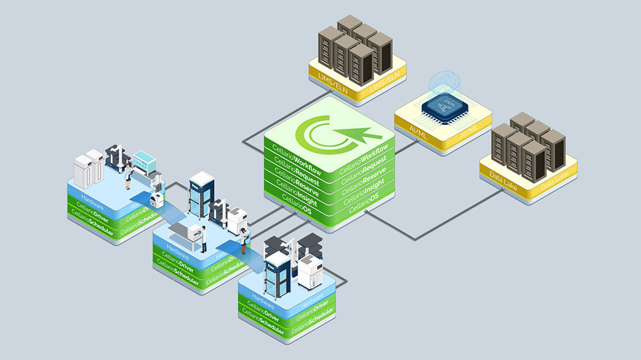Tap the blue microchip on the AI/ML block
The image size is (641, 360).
[443, 106]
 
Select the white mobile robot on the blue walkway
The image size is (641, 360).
[155, 199]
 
